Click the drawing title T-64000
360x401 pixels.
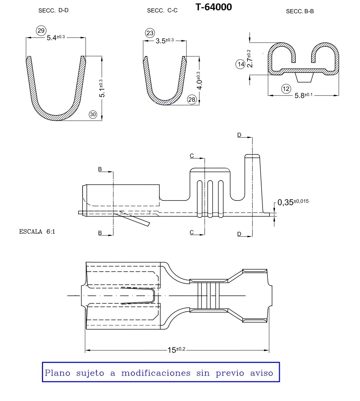click(214, 7)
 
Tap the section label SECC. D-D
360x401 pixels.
click(53, 10)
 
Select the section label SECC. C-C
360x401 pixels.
click(162, 10)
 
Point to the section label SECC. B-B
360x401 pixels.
click(300, 11)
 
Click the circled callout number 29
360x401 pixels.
click(41, 31)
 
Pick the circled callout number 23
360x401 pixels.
click(150, 33)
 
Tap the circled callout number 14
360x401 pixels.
click(241, 64)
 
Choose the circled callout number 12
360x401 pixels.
click(286, 89)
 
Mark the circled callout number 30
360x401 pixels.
click(93, 114)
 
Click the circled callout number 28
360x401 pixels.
click(192, 99)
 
